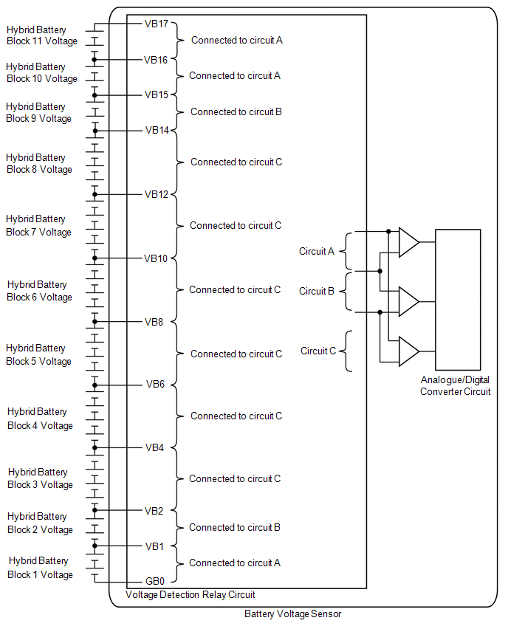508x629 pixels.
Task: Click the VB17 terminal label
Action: point(157,24)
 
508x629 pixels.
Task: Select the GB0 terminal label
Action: point(156,581)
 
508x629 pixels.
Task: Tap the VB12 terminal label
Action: point(157,195)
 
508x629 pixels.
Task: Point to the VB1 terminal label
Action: point(154,546)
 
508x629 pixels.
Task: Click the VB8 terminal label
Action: point(154,322)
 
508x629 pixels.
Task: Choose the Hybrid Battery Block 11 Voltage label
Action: point(41,35)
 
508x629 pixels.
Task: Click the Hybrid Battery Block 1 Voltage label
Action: point(40,568)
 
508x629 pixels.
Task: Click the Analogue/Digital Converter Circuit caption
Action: point(456,385)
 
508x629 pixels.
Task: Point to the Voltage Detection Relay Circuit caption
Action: point(190,594)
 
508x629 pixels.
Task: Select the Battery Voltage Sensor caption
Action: point(292,613)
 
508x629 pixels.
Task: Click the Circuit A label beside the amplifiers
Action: point(317,252)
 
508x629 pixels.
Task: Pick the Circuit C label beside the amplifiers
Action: point(318,351)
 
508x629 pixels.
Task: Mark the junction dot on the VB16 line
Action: point(95,60)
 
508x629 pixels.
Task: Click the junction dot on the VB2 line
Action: point(95,510)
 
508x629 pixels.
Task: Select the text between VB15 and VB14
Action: point(236,112)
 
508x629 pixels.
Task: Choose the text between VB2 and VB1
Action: point(235,528)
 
